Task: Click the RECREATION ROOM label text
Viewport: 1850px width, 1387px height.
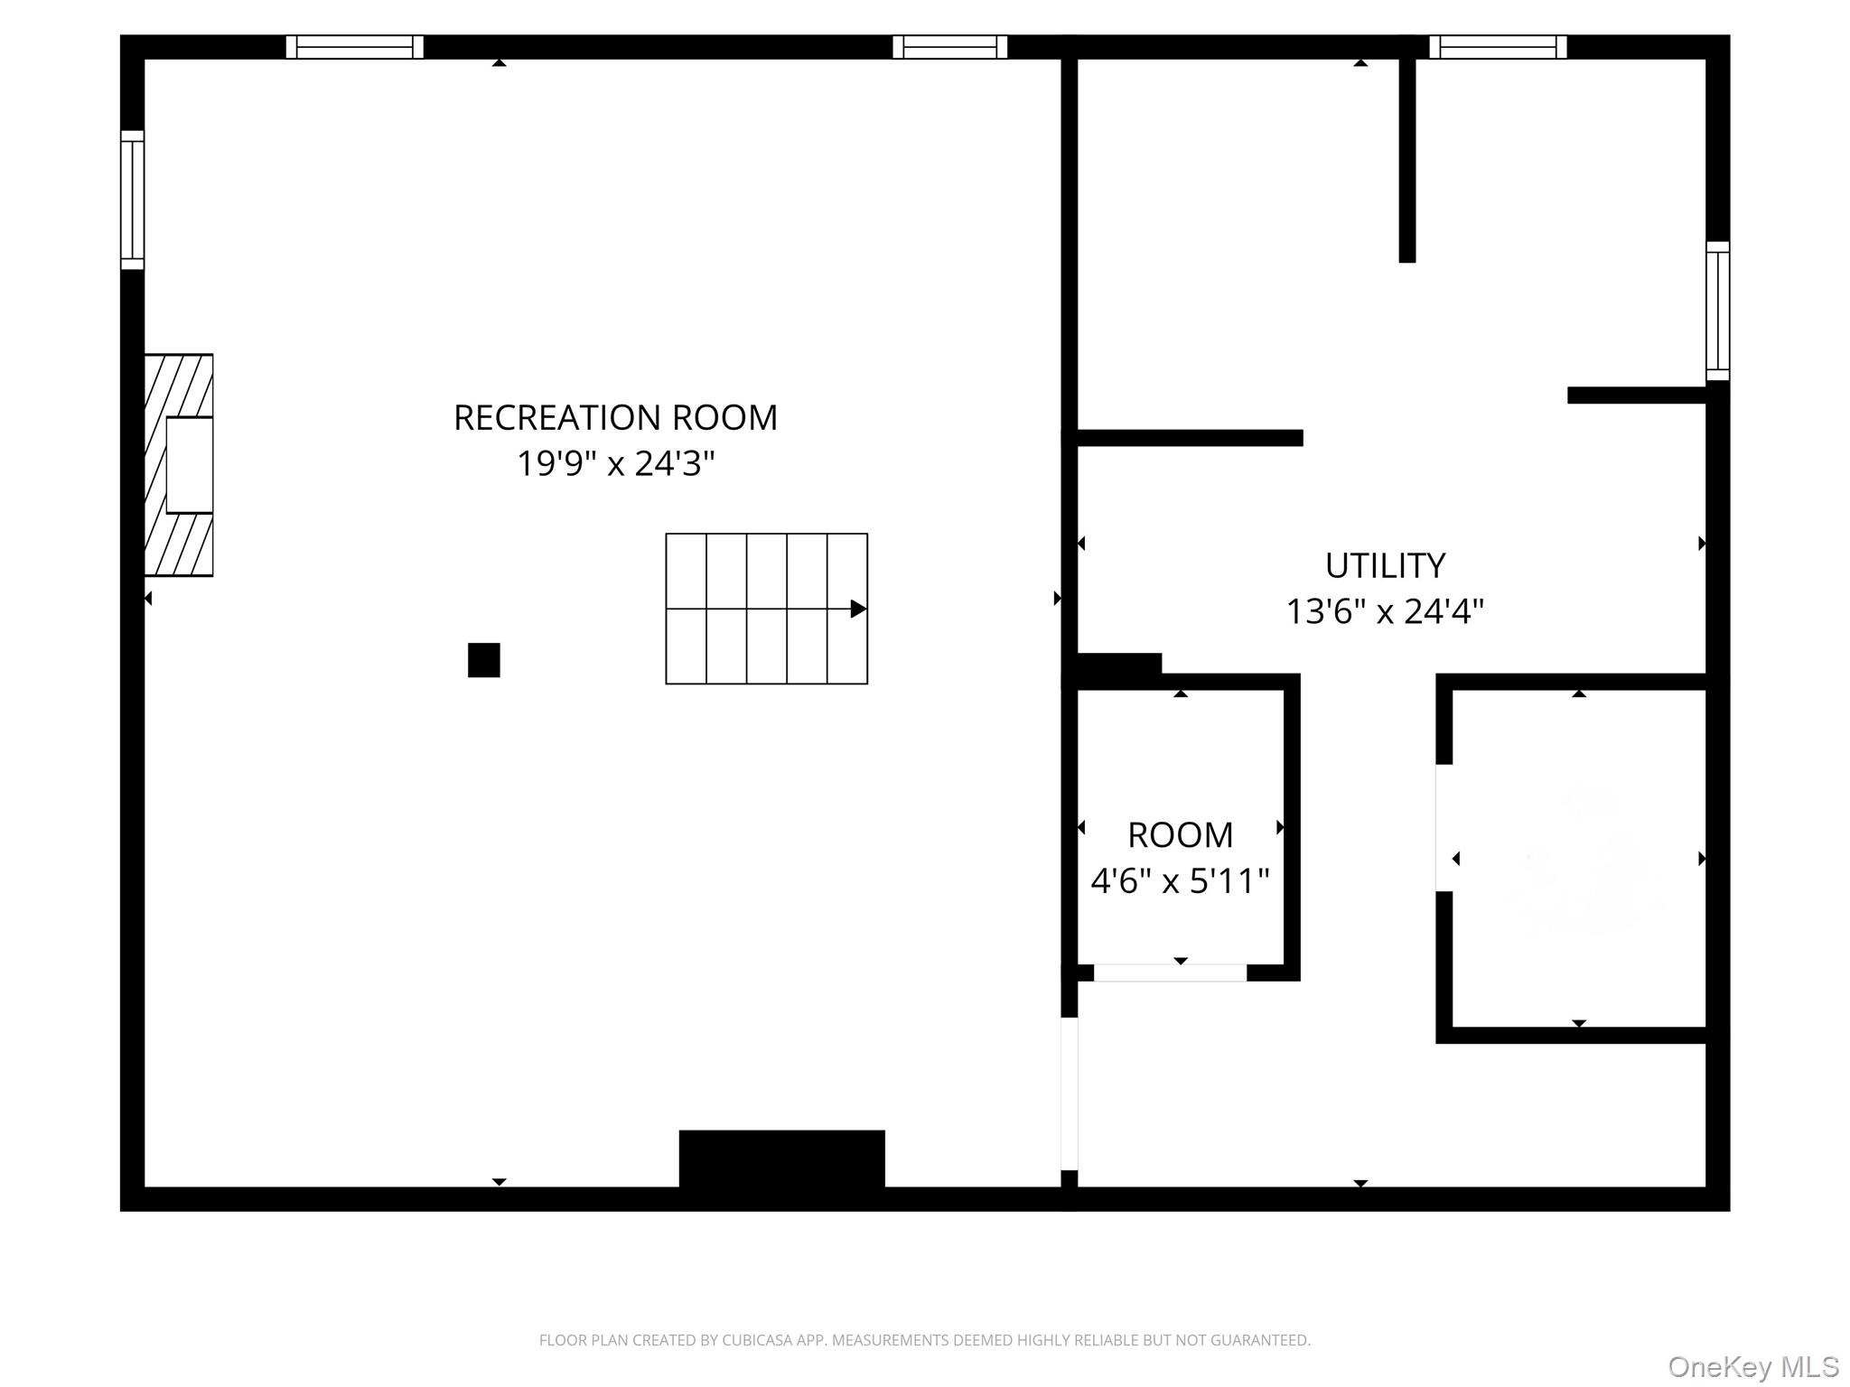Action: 615,418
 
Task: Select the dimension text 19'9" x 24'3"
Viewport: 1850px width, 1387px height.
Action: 615,464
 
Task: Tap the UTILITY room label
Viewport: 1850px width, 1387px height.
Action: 1385,566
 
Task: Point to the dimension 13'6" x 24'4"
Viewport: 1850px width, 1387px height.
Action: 1385,612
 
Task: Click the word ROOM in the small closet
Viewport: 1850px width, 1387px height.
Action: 1180,835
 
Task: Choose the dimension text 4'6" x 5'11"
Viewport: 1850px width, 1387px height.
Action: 1180,880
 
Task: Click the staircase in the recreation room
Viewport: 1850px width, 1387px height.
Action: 767,609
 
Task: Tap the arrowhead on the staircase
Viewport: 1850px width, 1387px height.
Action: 859,609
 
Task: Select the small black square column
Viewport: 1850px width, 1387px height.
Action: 484,660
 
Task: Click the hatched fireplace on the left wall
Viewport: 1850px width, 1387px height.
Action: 179,465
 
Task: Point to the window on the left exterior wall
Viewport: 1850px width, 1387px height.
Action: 133,200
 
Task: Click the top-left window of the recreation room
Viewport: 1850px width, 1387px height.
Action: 355,47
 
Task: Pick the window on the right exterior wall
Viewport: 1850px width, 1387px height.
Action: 1718,312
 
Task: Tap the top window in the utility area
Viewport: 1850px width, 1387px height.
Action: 1498,47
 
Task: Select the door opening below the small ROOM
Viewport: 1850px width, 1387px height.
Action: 1171,973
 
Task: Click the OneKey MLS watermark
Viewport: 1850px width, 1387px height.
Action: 1753,1367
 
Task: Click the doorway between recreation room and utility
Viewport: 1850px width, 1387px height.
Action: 1070,1094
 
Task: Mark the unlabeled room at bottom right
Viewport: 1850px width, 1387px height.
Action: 1579,858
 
